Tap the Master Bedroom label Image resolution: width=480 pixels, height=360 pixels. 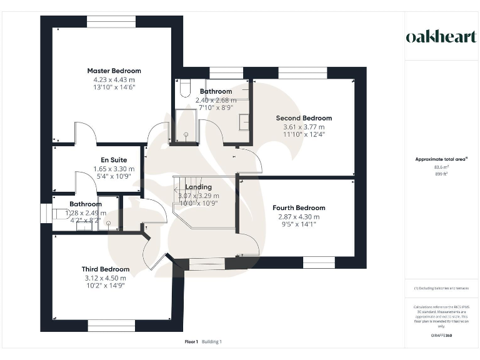(x=114, y=71)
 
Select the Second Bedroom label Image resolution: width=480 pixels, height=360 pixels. (x=304, y=117)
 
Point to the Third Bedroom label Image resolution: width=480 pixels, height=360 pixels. (x=106, y=269)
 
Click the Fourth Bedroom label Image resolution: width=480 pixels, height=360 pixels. (x=299, y=207)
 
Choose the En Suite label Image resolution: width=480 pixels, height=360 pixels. (x=114, y=160)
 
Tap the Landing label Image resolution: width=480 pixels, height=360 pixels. (x=199, y=187)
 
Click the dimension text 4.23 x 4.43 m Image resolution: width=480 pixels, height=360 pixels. (x=114, y=79)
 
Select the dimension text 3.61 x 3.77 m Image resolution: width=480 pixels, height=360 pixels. (x=304, y=126)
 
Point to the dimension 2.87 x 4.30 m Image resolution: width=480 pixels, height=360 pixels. (x=299, y=217)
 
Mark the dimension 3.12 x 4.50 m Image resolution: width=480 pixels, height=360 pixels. (x=106, y=278)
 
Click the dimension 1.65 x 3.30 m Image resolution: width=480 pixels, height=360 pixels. (x=114, y=169)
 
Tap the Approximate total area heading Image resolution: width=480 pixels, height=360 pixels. (x=441, y=159)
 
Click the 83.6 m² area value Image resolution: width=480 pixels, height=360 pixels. (x=441, y=167)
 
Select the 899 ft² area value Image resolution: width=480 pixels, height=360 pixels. (x=441, y=174)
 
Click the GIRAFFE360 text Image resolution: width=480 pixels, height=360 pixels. (x=441, y=336)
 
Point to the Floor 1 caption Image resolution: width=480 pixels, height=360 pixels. (x=191, y=342)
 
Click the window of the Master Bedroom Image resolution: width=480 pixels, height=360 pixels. (x=111, y=21)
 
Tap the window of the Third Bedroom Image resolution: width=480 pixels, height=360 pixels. (x=111, y=326)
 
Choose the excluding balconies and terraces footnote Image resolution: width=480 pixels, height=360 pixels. (x=441, y=288)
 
